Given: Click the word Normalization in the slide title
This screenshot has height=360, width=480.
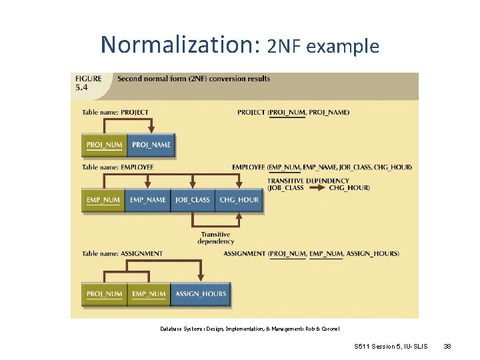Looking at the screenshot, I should [x=180, y=45].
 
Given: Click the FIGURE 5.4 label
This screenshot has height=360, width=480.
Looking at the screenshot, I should [x=88, y=82].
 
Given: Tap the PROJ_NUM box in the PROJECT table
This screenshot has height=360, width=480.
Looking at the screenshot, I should [x=105, y=145].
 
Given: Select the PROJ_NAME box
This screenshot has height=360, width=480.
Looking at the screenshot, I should [x=151, y=145].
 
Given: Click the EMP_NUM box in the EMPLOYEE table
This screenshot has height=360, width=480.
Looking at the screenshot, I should [x=103, y=199].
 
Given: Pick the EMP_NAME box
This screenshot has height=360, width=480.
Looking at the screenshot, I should [x=148, y=199].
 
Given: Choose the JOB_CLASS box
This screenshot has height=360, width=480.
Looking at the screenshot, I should [x=192, y=199].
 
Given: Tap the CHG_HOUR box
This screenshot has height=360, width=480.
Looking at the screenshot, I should [x=239, y=199].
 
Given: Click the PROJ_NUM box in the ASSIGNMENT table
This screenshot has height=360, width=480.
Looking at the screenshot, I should [x=105, y=294].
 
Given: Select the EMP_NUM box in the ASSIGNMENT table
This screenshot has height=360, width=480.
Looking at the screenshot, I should [x=149, y=294].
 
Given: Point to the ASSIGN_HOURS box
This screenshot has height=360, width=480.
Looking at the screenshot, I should [x=200, y=294].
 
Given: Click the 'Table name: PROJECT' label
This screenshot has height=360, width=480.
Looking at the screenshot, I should [x=115, y=112].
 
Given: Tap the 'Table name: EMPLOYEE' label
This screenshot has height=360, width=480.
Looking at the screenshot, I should [x=118, y=167].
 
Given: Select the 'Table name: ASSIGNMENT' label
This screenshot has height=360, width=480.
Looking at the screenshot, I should [x=122, y=253].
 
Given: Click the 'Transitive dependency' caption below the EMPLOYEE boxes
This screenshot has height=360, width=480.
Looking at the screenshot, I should [x=215, y=237].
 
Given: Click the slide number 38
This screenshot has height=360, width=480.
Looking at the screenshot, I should [x=447, y=347].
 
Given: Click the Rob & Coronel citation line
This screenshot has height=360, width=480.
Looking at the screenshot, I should [x=251, y=328].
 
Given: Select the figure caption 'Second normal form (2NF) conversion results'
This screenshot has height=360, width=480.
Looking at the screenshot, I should [x=193, y=79].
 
